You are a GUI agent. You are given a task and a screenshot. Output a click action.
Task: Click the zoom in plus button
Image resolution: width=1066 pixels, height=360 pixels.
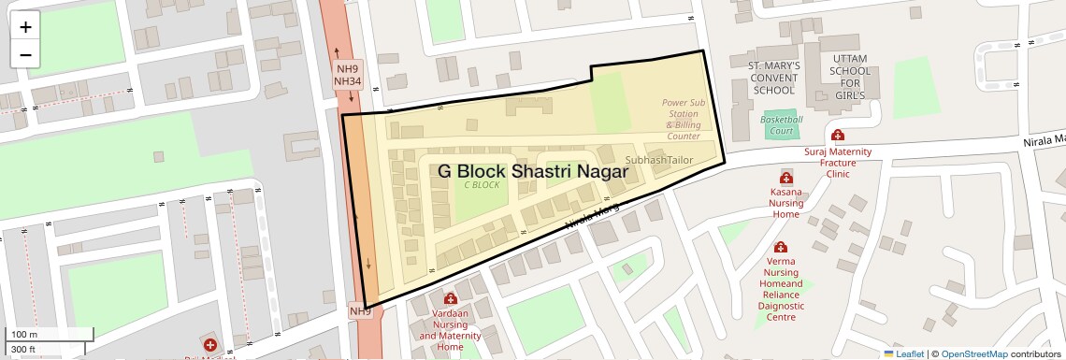25,27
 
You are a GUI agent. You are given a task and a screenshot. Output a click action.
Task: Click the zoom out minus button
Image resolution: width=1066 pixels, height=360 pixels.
25,54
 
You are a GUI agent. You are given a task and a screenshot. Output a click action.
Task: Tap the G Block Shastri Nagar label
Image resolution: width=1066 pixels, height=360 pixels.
533,171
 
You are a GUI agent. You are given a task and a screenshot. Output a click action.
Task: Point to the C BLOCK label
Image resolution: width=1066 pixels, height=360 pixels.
483,185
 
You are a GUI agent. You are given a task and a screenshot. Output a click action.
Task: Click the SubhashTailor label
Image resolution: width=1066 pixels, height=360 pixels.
659,160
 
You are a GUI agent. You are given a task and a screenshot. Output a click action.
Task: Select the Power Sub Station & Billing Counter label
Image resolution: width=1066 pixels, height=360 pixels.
683,120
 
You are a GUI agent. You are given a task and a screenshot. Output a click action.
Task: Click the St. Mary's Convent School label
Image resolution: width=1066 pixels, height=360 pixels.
774,79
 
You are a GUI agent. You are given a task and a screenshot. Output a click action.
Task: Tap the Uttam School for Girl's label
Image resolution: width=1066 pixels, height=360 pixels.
849,78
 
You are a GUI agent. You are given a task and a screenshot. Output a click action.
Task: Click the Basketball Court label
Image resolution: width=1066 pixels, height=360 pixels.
782,125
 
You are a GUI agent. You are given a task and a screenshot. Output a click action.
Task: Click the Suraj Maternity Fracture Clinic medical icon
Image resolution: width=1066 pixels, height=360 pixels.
838,136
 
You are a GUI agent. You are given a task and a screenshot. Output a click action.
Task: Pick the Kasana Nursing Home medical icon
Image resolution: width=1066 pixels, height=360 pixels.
785,178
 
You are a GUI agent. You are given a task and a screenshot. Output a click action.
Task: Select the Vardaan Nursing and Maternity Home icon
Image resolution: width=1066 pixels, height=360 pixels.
451,299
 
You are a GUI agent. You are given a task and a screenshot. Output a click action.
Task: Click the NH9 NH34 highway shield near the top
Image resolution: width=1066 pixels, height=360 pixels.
348,76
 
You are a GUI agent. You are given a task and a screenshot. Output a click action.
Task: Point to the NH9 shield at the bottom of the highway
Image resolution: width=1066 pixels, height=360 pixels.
360,310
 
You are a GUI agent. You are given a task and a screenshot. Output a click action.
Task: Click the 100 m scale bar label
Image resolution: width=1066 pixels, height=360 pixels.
25,335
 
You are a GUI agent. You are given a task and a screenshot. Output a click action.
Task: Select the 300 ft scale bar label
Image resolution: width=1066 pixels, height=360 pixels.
23,350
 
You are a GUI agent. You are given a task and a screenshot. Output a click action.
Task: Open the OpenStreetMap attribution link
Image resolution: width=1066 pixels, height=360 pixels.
973,353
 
